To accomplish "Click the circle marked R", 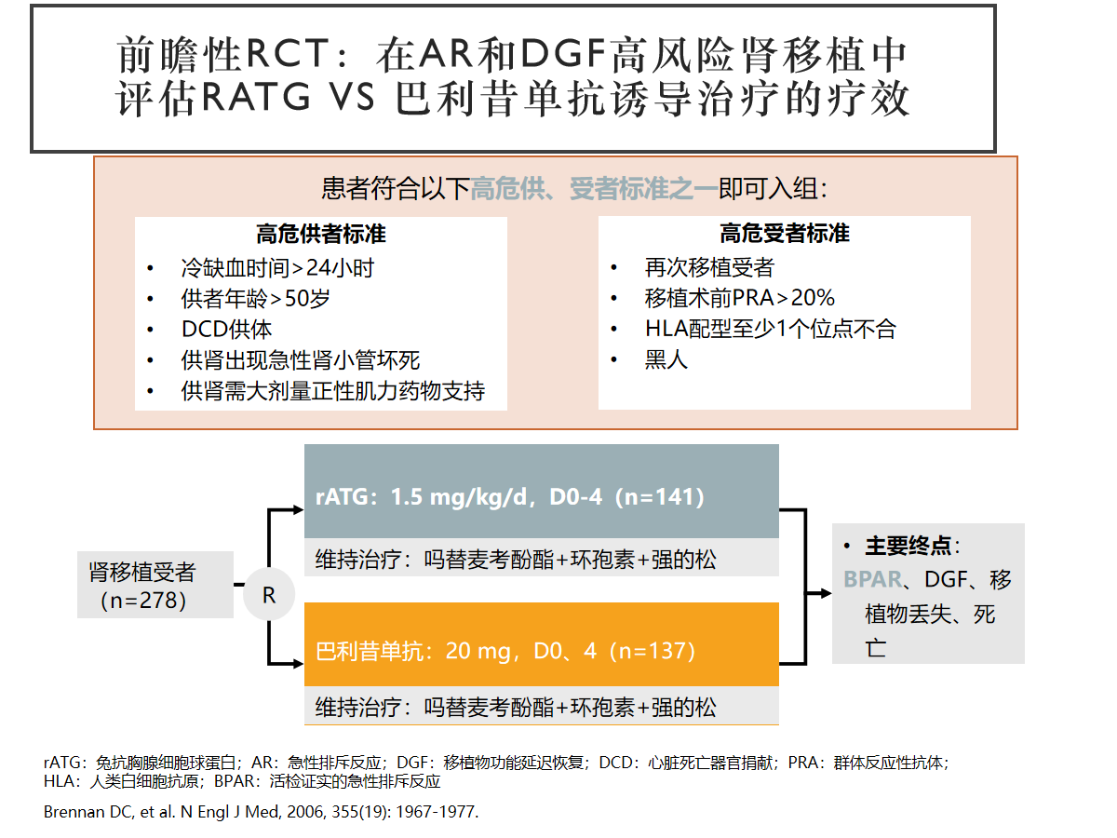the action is [x=269, y=594].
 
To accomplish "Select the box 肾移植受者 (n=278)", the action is [x=155, y=585].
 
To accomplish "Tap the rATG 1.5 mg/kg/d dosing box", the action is [x=542, y=491].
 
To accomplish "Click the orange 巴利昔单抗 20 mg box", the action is [x=542, y=644].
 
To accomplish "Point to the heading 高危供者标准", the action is [x=321, y=234].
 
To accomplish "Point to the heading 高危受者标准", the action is [x=784, y=233].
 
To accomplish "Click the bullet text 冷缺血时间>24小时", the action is [x=277, y=267].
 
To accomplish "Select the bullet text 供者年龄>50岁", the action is [x=255, y=298].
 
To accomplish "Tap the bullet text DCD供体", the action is [x=226, y=330].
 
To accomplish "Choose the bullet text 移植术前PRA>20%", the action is [x=739, y=298].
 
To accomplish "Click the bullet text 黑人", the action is [x=666, y=359].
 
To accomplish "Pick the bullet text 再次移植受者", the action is [x=709, y=267].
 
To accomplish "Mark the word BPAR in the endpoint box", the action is [x=873, y=579].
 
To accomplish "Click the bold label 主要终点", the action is [x=908, y=546].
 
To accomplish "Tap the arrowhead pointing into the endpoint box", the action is [x=826, y=593].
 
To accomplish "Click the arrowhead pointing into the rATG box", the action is [x=298, y=509].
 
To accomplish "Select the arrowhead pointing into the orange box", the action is [x=298, y=664].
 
